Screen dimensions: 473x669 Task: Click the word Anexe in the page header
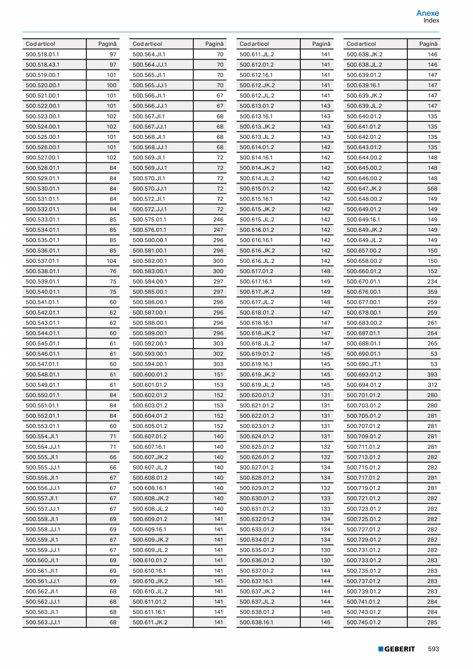(x=428, y=13)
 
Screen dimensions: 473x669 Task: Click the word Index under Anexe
(x=431, y=21)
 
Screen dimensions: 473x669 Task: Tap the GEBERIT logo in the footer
(x=396, y=649)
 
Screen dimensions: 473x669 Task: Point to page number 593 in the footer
(x=433, y=649)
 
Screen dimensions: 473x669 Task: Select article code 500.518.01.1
(x=43, y=55)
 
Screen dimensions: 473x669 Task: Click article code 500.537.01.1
(x=43, y=261)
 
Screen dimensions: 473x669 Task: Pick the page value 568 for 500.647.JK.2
(x=432, y=189)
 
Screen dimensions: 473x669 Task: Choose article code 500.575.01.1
(x=150, y=220)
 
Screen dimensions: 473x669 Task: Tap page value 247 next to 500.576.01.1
(x=219, y=230)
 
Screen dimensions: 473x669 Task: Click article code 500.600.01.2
(x=150, y=374)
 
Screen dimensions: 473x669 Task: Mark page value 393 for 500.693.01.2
(x=432, y=374)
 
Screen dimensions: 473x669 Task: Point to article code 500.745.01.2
(x=364, y=622)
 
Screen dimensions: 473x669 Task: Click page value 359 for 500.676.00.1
(x=432, y=292)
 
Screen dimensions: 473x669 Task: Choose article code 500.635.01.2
(x=257, y=550)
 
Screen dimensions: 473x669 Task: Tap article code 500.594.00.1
(x=150, y=364)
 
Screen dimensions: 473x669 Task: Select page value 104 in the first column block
(x=112, y=261)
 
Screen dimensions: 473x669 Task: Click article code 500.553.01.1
(x=43, y=426)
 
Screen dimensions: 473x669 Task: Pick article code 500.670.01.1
(x=363, y=281)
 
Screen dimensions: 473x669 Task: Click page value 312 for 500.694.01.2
(x=432, y=385)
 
